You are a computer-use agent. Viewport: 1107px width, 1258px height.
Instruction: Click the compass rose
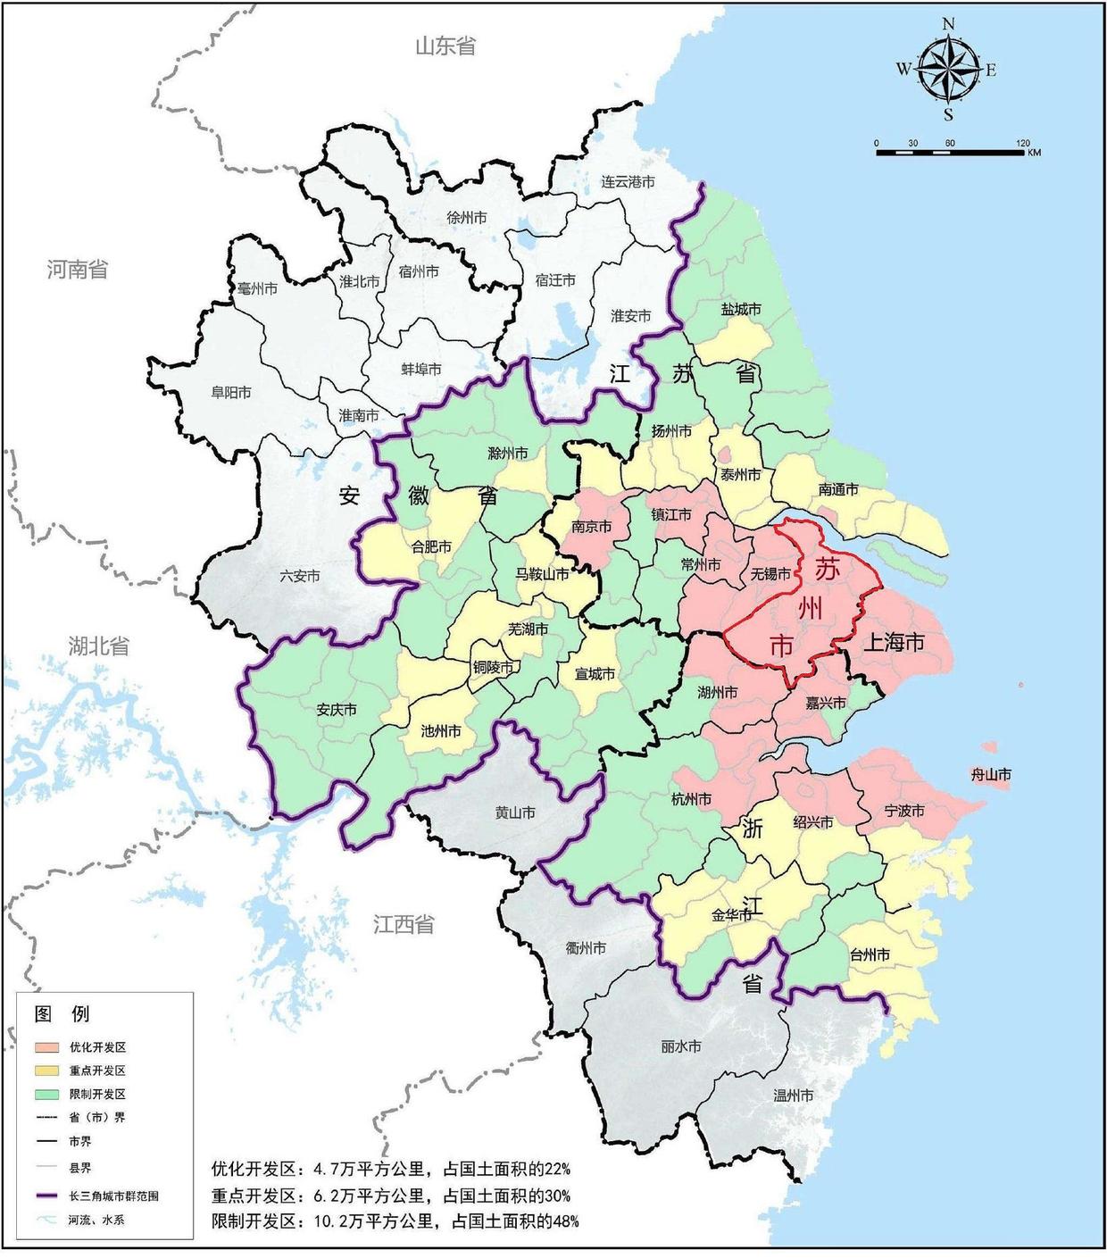pos(948,70)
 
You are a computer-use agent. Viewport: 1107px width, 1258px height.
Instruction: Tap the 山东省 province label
pos(445,46)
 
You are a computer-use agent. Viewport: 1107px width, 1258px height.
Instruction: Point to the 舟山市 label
pos(990,775)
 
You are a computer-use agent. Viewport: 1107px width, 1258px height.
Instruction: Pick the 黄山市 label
pos(515,812)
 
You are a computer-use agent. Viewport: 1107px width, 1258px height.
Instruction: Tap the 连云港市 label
pos(628,182)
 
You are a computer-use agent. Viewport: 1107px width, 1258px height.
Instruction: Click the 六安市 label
pos(299,576)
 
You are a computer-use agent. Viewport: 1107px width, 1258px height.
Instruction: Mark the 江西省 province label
pos(403,924)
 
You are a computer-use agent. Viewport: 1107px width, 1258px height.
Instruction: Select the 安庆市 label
pos(337,710)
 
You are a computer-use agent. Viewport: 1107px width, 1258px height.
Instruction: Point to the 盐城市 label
pos(741,309)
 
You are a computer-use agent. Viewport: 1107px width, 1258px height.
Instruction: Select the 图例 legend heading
pos(62,1013)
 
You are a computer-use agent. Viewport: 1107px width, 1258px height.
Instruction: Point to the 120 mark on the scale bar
pos(1023,144)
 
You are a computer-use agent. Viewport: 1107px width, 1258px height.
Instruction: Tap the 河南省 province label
pos(78,269)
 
